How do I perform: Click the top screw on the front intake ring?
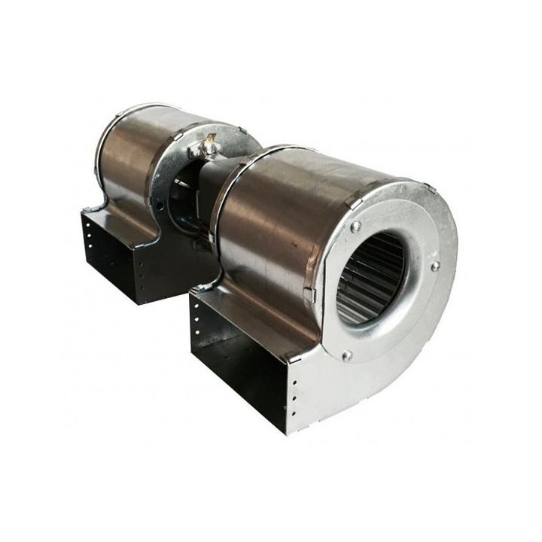point(355,226)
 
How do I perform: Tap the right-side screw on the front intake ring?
point(434,266)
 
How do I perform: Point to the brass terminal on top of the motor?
point(209,143)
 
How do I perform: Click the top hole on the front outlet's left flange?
point(197,309)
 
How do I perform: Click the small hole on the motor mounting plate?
point(160,205)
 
